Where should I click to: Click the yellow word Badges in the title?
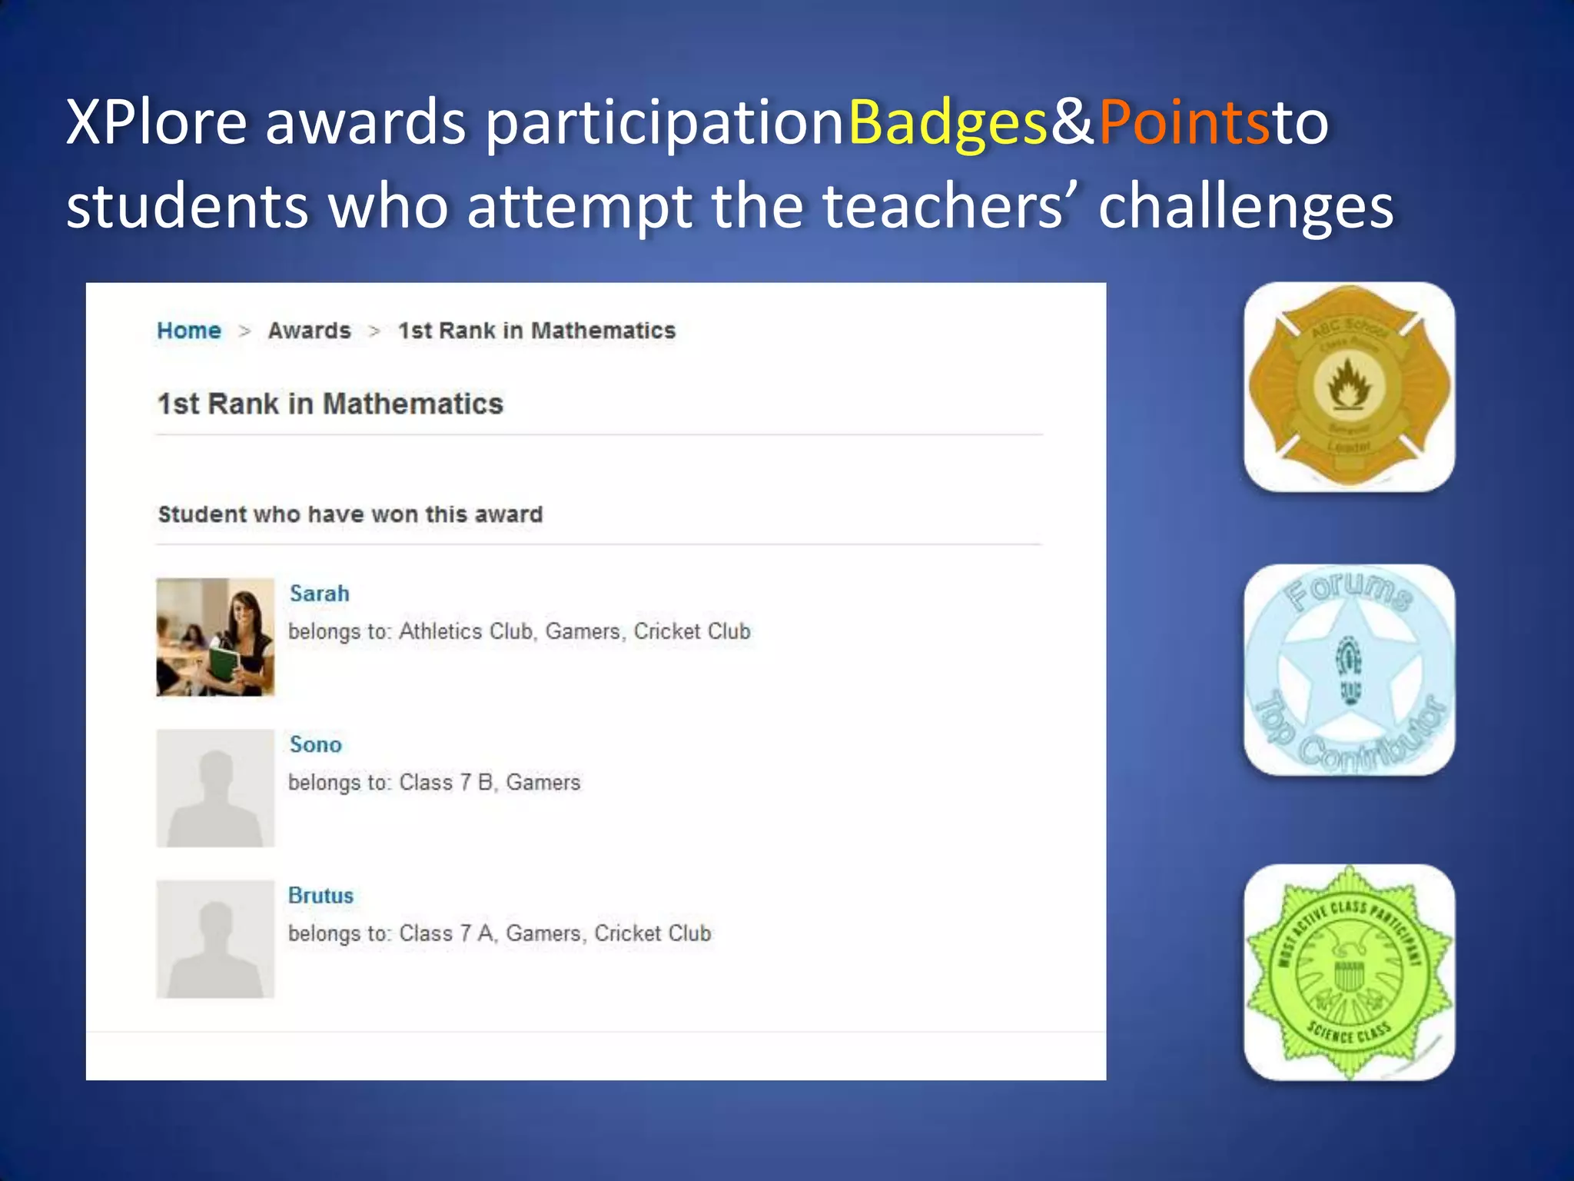tap(948, 123)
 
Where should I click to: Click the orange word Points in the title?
tap(1184, 123)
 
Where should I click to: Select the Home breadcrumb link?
tap(189, 331)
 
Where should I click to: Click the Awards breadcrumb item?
tap(309, 331)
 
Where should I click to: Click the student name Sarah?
tap(319, 594)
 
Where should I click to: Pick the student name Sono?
tap(315, 744)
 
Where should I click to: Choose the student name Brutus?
tap(320, 896)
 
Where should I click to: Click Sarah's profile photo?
tap(215, 637)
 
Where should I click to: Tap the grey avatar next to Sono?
tap(215, 788)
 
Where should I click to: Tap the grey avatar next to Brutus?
tap(215, 939)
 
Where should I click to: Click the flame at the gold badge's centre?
tap(1349, 384)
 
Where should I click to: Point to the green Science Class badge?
tap(1349, 973)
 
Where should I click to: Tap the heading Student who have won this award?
tap(350, 514)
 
